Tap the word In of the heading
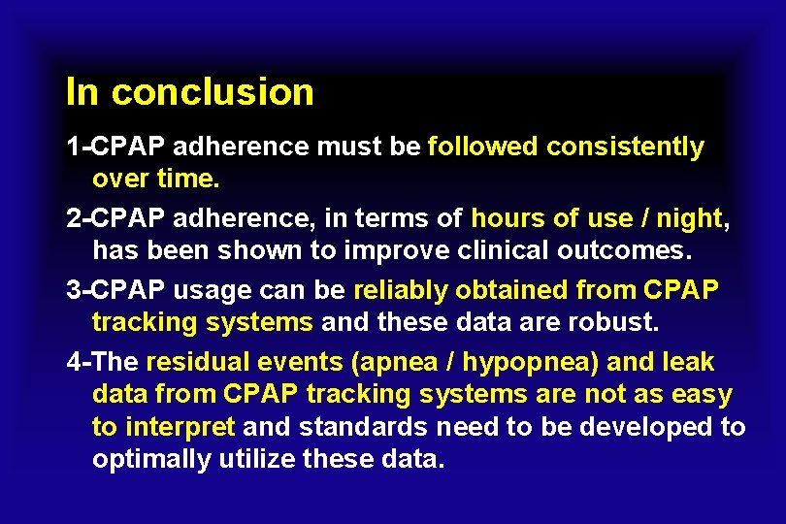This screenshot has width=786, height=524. pyautogui.click(x=82, y=92)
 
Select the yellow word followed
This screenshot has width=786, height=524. pyautogui.click(x=483, y=147)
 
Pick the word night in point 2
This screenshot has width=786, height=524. pyautogui.click(x=688, y=219)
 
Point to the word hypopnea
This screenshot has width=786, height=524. pyautogui.click(x=531, y=363)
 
